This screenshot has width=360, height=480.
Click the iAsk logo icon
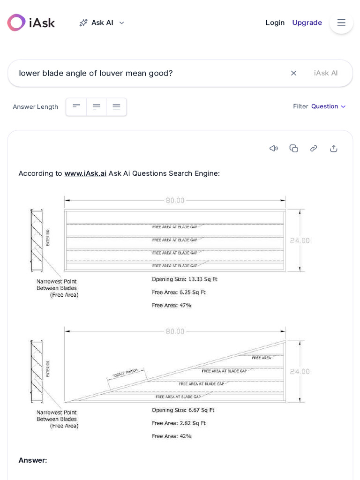tap(16, 22)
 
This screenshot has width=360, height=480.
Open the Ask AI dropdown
tap(102, 22)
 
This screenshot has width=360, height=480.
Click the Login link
tap(275, 22)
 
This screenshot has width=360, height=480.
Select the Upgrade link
tap(307, 22)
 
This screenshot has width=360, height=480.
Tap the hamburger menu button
tap(341, 22)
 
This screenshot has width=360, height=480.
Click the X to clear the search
tap(293, 73)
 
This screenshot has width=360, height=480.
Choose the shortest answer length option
tap(76, 107)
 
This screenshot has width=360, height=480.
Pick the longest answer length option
tap(116, 107)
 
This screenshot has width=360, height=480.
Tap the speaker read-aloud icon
tap(274, 149)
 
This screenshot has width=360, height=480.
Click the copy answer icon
tap(294, 149)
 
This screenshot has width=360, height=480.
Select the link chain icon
tap(314, 149)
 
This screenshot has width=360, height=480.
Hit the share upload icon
tap(334, 149)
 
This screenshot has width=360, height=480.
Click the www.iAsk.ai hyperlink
tap(85, 173)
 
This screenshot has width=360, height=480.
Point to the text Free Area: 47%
tap(171, 305)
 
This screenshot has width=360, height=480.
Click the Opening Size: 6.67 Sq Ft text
tap(183, 410)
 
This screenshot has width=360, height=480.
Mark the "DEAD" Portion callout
tap(125, 374)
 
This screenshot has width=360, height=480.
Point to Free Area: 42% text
tap(171, 436)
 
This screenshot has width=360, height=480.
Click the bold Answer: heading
tap(33, 460)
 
